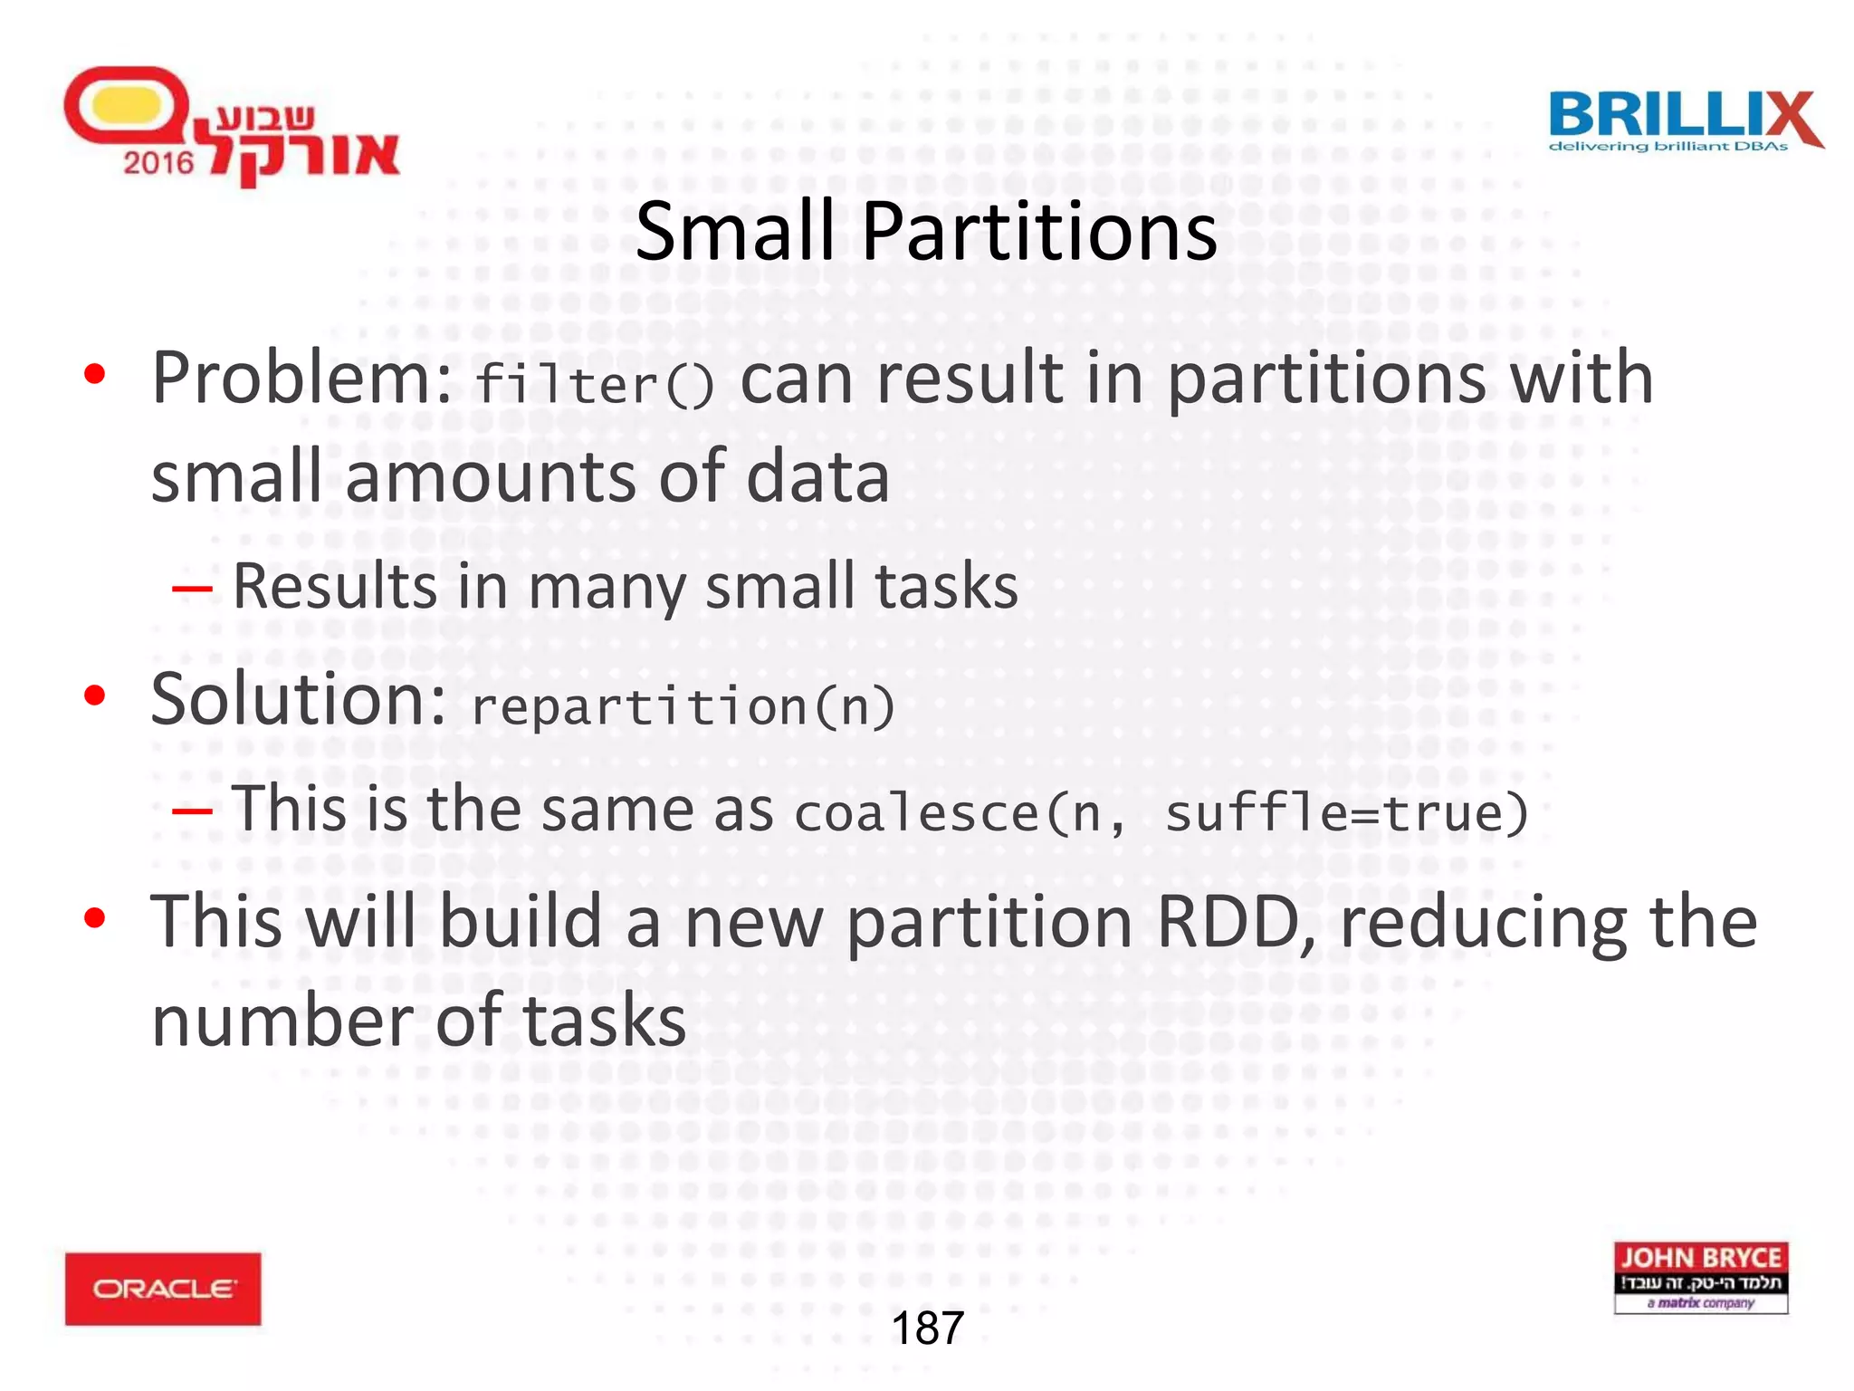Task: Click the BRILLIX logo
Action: click(1685, 120)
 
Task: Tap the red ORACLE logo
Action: click(163, 1288)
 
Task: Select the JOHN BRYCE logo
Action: click(1700, 1277)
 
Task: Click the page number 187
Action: click(927, 1329)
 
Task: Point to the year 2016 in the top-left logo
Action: click(158, 163)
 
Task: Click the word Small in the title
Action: click(734, 232)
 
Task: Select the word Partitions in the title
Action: click(1039, 232)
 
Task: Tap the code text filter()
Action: click(595, 385)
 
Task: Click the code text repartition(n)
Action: click(683, 706)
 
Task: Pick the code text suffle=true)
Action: click(1346, 812)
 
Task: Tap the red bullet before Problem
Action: click(95, 374)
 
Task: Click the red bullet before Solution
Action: click(95, 695)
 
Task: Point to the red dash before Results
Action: click(192, 590)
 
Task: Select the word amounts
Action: click(490, 477)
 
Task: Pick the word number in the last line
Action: click(282, 1021)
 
